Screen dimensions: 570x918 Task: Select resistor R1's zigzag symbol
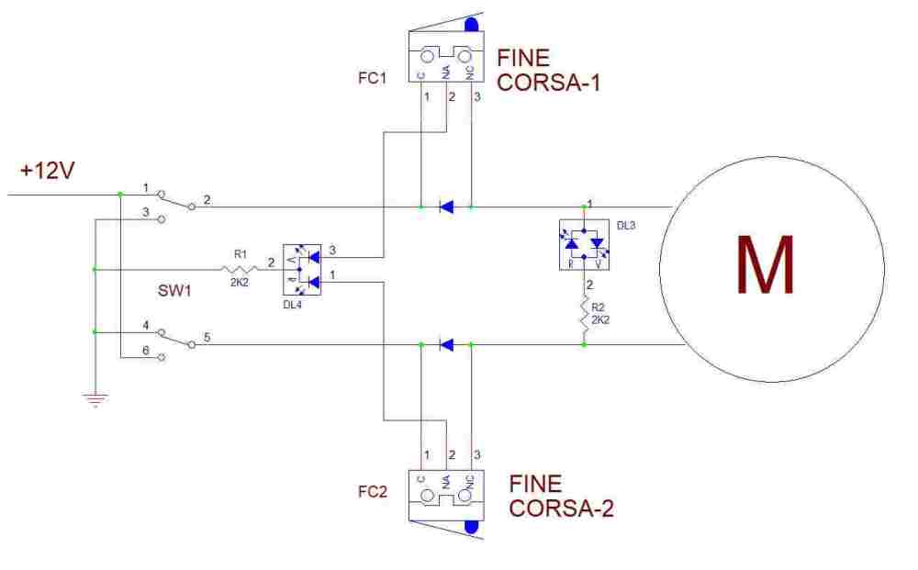pyautogui.click(x=238, y=269)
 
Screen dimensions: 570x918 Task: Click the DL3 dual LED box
pyautogui.click(x=585, y=245)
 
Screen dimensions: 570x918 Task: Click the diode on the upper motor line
pyautogui.click(x=446, y=207)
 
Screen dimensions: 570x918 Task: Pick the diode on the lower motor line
pyautogui.click(x=446, y=345)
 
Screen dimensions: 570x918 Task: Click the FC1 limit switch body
pyautogui.click(x=446, y=59)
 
